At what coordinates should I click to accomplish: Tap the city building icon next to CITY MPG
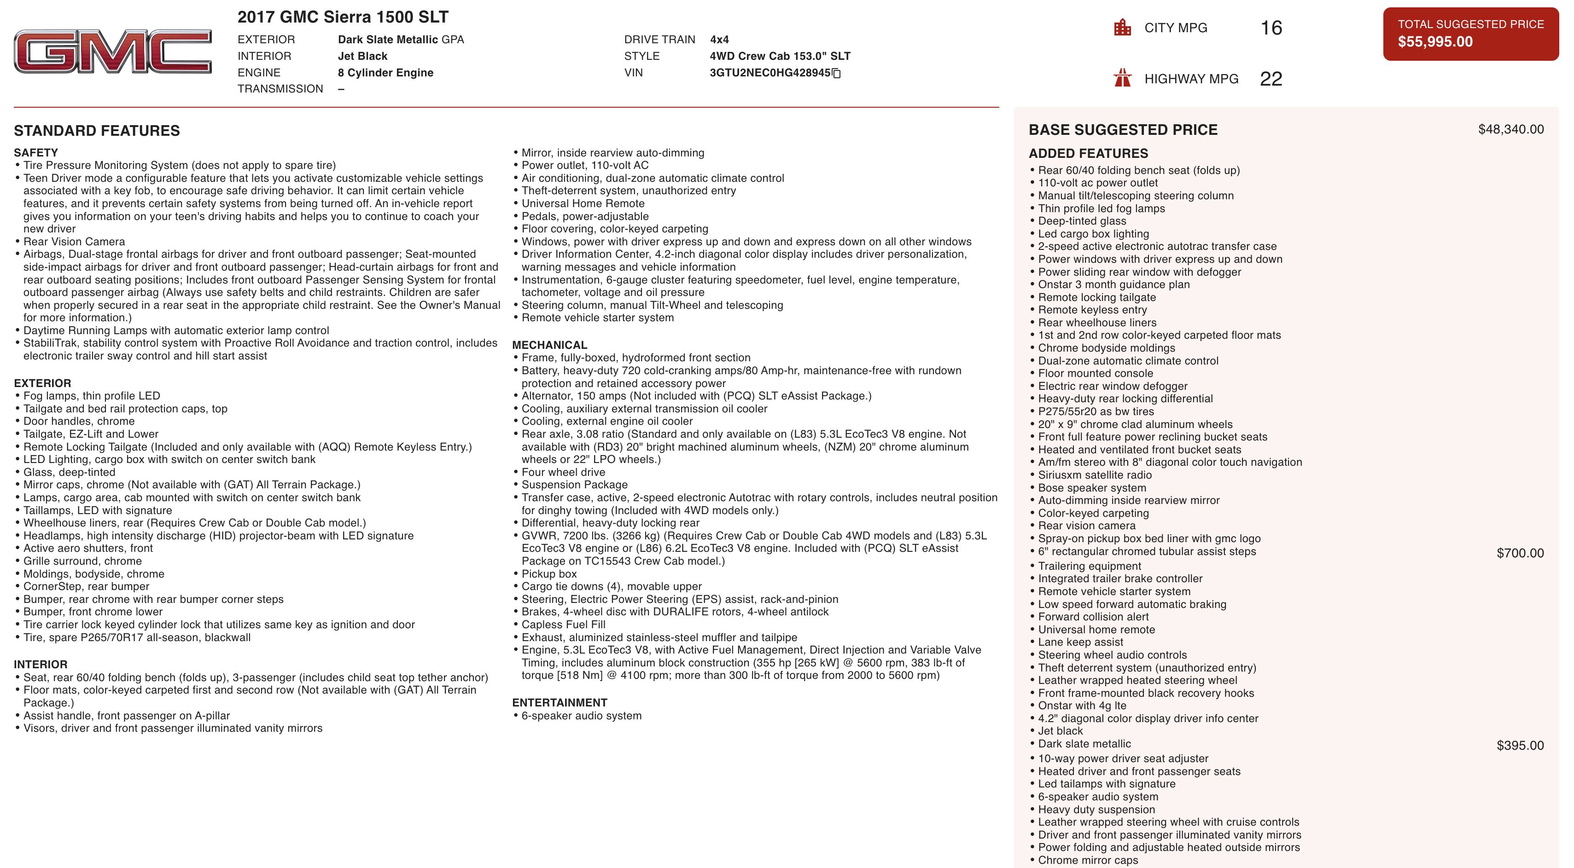point(1122,28)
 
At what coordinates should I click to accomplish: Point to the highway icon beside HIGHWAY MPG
point(1122,78)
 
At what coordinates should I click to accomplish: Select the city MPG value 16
point(1271,28)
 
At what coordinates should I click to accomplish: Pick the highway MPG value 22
point(1271,78)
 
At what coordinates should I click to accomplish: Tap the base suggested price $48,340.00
point(1510,129)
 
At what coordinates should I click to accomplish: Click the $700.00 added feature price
point(1520,553)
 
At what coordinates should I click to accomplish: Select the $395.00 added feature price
point(1520,745)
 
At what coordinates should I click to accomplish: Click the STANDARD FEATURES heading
point(97,131)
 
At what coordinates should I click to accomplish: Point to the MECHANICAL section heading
point(549,345)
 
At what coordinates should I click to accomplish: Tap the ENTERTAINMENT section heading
point(559,702)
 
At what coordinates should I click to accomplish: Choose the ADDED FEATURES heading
point(1088,153)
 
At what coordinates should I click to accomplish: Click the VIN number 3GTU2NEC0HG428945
point(770,73)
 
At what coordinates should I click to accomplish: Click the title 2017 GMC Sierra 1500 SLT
point(343,17)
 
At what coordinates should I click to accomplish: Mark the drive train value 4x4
point(719,40)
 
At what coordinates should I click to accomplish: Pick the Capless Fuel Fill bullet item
point(563,624)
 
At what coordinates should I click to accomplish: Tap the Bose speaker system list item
point(1092,487)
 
